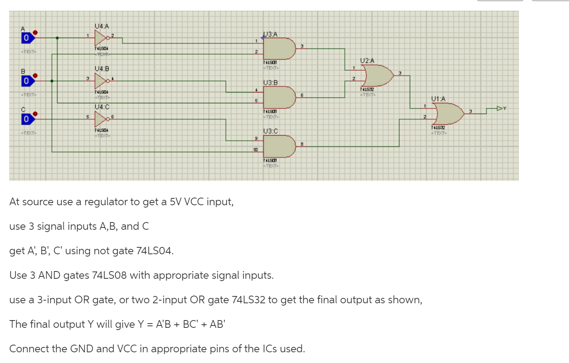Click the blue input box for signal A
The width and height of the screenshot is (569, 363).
[26, 38]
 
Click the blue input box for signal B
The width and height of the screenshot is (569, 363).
[26, 81]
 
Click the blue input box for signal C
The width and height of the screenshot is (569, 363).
[26, 119]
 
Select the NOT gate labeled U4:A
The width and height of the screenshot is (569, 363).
[100, 38]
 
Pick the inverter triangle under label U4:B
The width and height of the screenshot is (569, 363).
[100, 81]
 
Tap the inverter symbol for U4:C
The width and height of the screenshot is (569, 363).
[100, 119]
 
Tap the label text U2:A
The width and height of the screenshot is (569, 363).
[367, 60]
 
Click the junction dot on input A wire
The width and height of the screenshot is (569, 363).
[57, 38]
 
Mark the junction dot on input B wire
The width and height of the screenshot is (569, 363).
[52, 81]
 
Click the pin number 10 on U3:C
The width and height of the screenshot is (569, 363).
[255, 149]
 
